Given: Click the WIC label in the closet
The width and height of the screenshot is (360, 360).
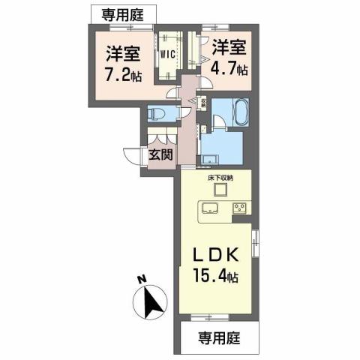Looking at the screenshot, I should point(166,54).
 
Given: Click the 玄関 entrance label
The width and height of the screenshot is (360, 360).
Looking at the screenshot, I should point(160,154).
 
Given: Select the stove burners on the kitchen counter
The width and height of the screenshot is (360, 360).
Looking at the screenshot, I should point(240,207).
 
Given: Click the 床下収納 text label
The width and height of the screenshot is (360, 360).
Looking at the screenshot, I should point(220,178).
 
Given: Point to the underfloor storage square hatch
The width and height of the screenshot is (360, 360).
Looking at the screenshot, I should point(220,190).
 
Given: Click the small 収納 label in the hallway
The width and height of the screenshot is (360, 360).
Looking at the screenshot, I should point(203,103).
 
